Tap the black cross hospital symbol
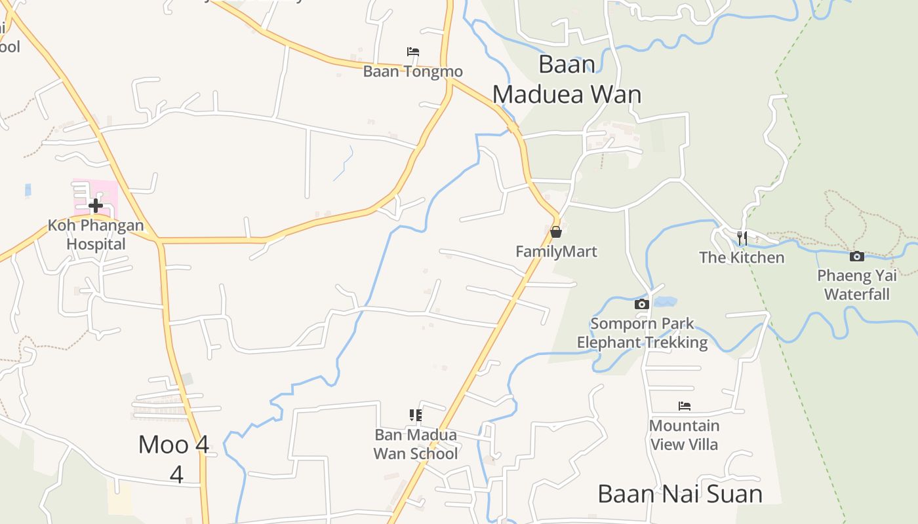[x=96, y=206]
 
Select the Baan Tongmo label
[x=413, y=71]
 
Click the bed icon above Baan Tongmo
[x=413, y=52]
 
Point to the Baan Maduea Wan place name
[x=567, y=80]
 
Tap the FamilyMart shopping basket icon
[x=556, y=232]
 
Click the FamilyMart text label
[x=556, y=252]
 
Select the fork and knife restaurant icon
[x=742, y=237]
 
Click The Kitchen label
[x=742, y=257]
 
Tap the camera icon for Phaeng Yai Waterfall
[x=856, y=256]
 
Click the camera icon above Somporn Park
[x=642, y=304]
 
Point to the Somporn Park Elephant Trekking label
[x=642, y=333]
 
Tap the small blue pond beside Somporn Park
[x=664, y=302]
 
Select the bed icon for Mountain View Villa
[x=685, y=406]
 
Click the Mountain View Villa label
[x=685, y=435]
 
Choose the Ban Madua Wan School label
[x=416, y=444]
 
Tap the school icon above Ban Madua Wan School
[x=416, y=415]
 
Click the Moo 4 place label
[x=174, y=445]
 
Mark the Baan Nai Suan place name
[x=680, y=494]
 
